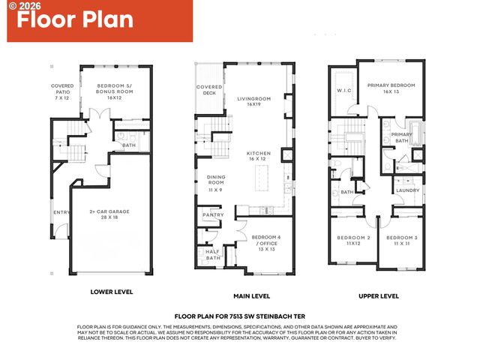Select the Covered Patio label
click(62, 90)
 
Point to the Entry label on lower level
click(60, 212)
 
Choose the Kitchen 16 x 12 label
click(258, 156)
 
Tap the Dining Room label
click(216, 182)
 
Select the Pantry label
click(213, 215)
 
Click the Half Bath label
click(212, 254)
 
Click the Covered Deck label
click(209, 90)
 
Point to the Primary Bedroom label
click(391, 88)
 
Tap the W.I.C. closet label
click(344, 91)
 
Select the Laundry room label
click(407, 190)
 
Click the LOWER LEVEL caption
click(112, 292)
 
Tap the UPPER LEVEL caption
click(379, 296)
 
